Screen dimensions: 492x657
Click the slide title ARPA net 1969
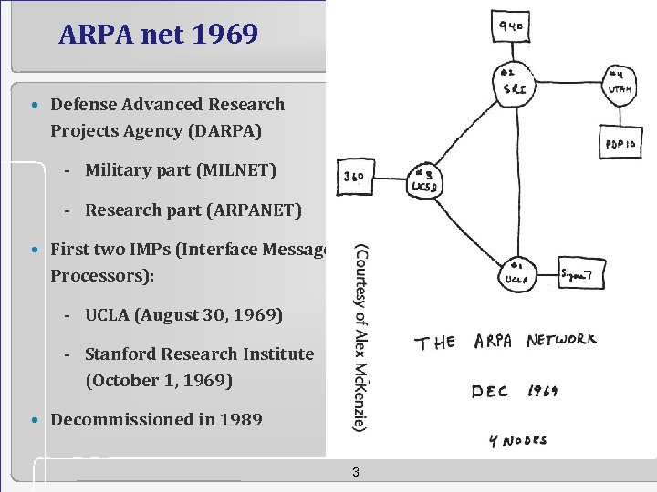[158, 35]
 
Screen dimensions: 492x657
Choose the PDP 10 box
[620, 143]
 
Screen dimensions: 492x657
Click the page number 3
[355, 472]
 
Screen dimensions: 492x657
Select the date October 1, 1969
[159, 380]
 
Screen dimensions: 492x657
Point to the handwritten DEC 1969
[514, 392]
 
